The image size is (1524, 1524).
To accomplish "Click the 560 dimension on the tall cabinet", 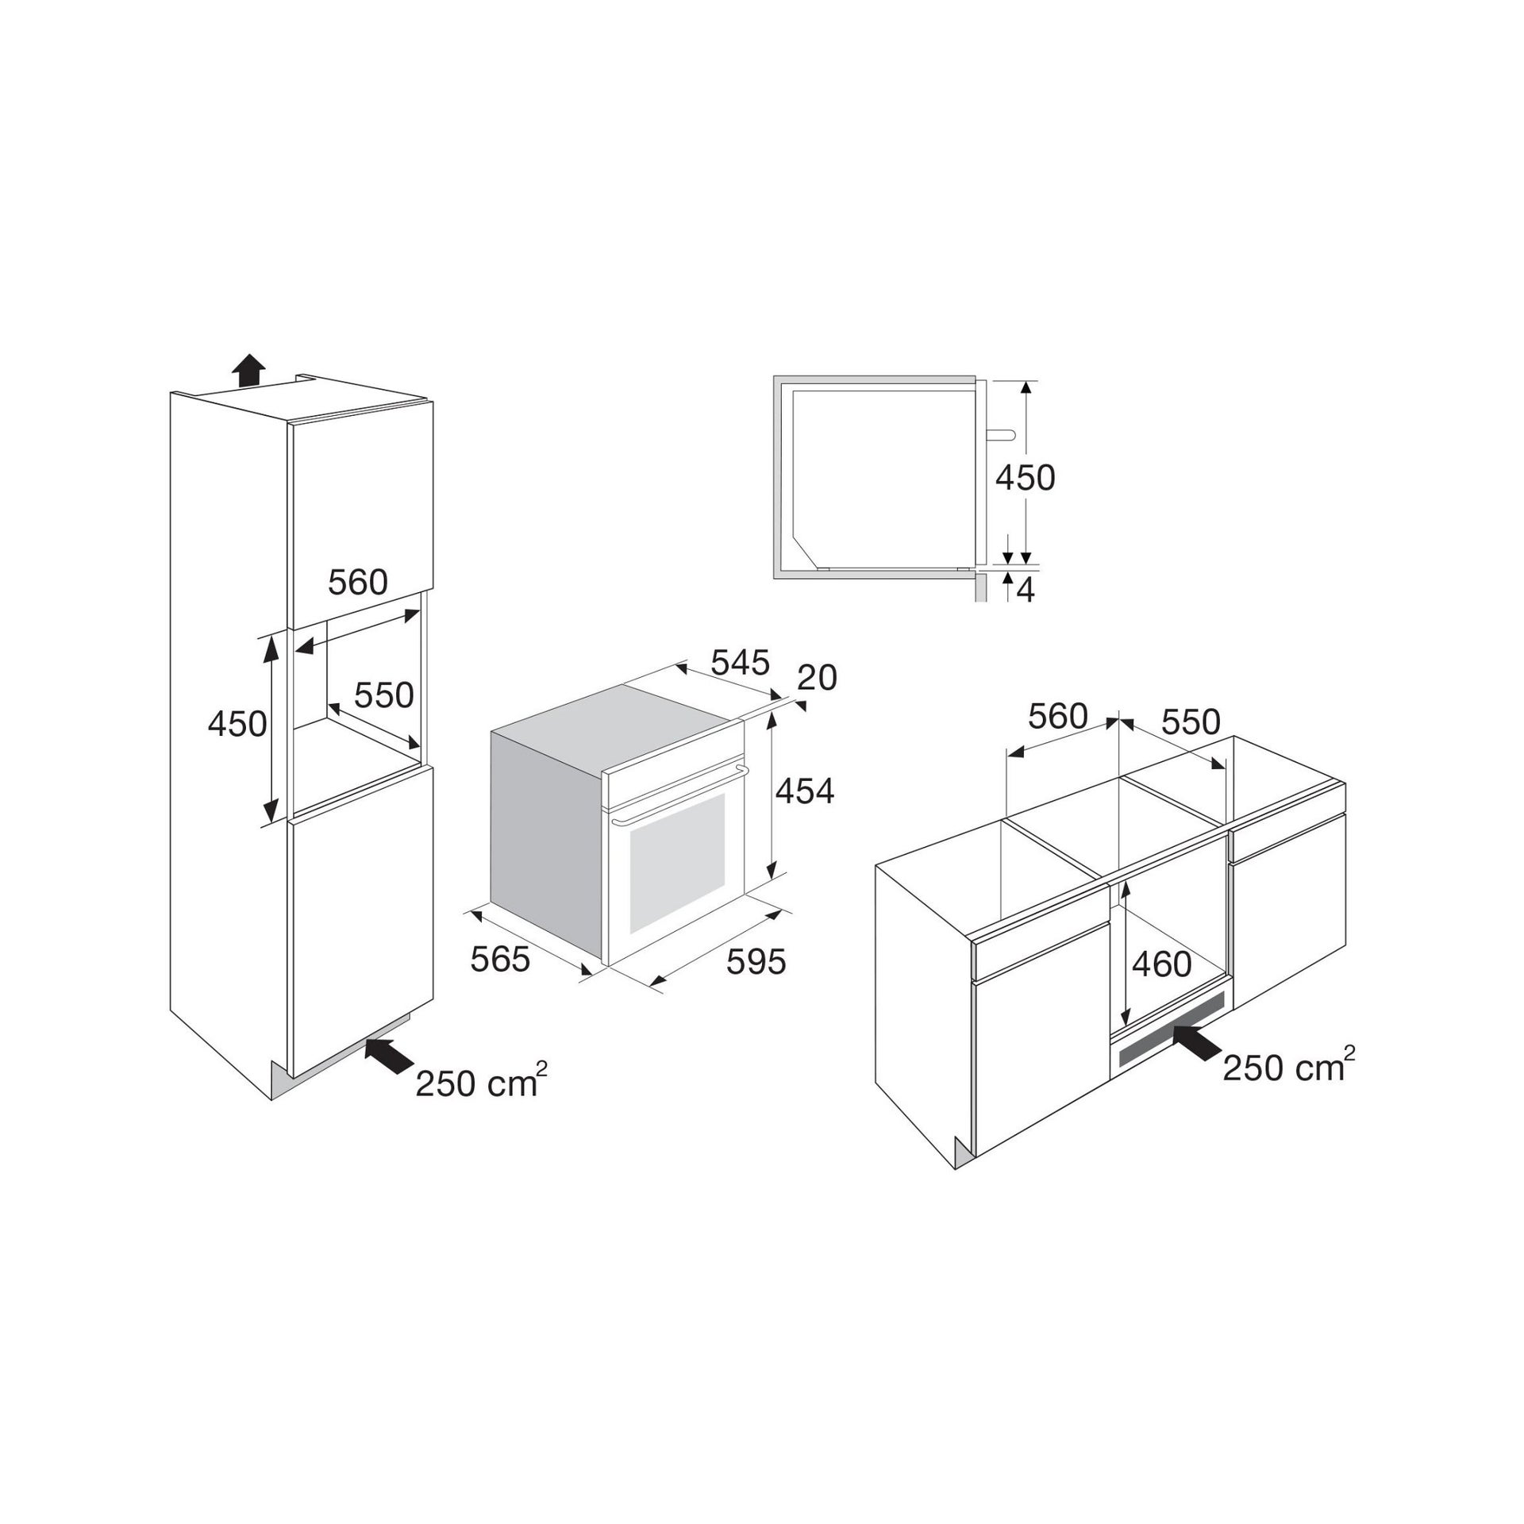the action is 358,583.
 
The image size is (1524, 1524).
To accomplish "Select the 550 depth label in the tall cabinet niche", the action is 384,695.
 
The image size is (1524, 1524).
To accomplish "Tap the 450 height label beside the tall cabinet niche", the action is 237,723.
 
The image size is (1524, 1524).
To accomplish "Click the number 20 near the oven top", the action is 817,678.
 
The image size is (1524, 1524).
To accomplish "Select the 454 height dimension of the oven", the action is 805,791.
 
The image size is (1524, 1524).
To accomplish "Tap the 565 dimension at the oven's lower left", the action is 500,960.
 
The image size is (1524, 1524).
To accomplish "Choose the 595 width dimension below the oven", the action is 756,961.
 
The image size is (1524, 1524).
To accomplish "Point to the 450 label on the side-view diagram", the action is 1025,478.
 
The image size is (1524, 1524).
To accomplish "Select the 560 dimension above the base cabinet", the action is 1058,717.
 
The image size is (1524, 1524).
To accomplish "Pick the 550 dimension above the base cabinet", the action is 1191,722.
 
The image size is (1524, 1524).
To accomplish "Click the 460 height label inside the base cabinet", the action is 1162,964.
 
